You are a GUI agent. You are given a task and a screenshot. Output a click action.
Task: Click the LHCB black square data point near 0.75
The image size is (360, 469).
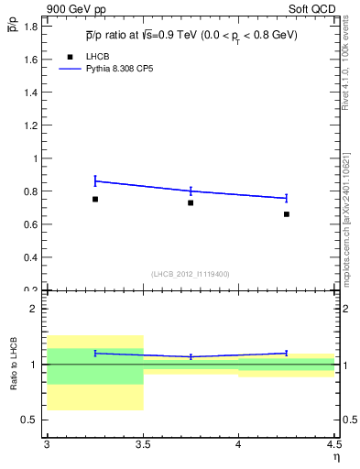94,199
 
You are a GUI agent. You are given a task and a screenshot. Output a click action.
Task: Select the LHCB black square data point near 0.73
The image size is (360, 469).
191,202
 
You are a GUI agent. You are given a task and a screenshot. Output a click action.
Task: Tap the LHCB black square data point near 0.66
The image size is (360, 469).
287,214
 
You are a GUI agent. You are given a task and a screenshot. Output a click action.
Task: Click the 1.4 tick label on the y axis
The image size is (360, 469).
31,93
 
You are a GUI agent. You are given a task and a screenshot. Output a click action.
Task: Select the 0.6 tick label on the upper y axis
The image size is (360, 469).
31,224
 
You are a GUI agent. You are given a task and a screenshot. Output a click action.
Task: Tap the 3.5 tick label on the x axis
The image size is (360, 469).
143,445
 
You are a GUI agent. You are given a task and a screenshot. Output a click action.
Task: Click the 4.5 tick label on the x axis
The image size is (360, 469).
333,445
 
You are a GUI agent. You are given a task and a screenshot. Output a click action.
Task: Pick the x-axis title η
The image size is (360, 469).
336,457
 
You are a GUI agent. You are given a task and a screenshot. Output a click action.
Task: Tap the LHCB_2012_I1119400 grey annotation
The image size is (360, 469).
191,274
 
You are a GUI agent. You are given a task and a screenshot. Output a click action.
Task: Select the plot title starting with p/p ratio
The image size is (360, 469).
191,35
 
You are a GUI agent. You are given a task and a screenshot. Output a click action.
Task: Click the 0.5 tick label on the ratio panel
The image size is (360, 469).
31,420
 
